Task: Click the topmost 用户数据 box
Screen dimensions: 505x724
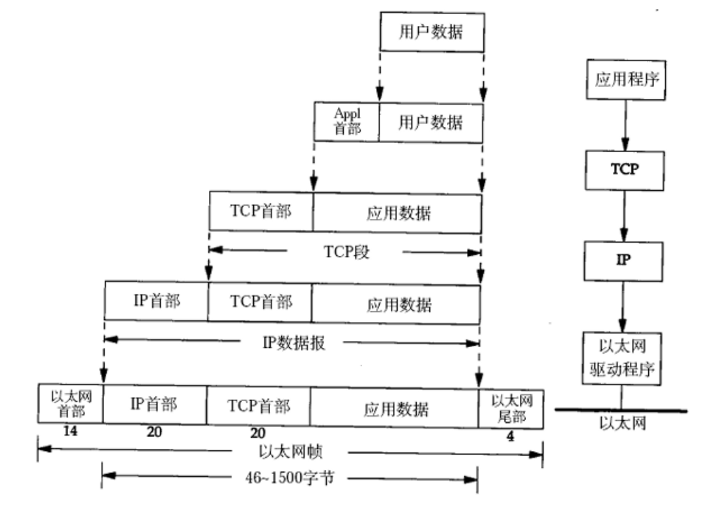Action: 431,33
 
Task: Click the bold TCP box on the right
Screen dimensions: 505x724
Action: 620,170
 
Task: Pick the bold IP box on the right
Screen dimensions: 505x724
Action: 620,258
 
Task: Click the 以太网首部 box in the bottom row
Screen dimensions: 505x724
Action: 70,405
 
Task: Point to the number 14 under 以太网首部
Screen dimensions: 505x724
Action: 69,432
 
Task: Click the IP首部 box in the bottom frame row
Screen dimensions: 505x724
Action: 154,405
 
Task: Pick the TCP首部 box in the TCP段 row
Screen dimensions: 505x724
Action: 261,212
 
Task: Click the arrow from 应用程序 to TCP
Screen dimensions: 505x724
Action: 620,123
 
